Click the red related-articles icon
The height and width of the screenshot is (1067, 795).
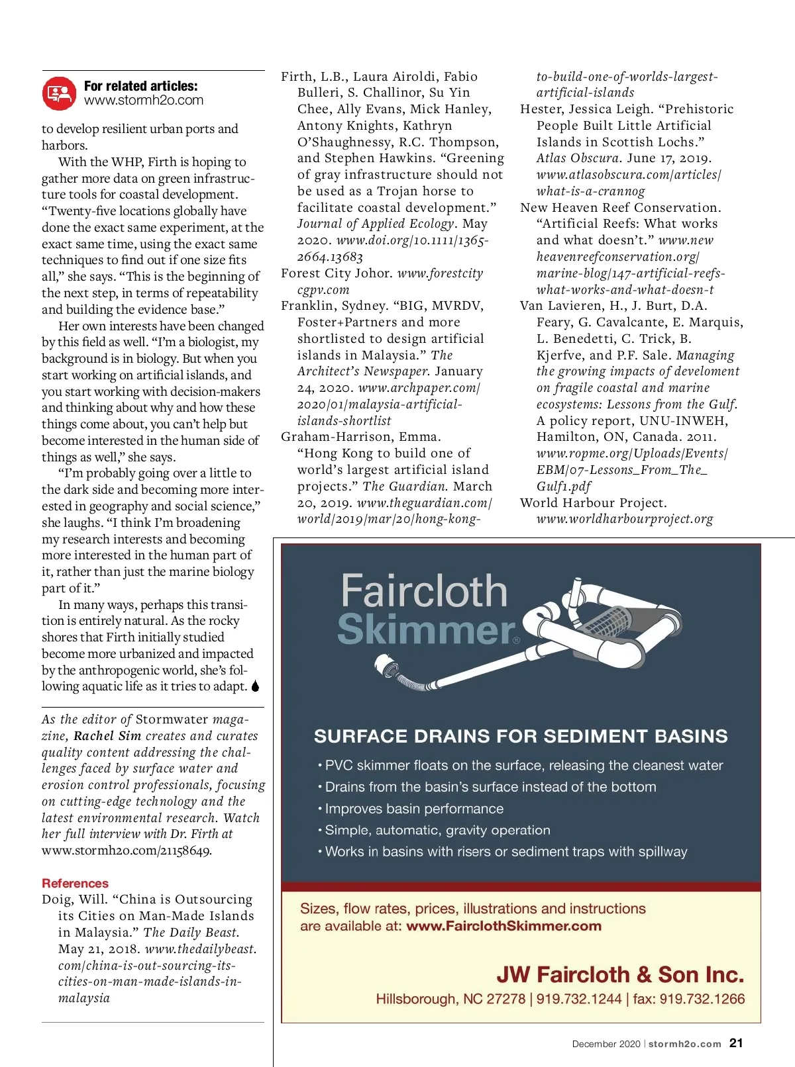[x=59, y=93]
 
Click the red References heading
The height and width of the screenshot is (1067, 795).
[x=75, y=883]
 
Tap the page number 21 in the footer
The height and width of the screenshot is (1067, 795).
[x=736, y=1043]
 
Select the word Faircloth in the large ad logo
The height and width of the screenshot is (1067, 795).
[x=424, y=591]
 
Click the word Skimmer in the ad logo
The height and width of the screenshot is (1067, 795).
[x=425, y=629]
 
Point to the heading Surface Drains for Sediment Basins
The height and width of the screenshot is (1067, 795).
[x=521, y=736]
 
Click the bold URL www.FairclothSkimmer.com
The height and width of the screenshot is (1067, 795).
[x=503, y=926]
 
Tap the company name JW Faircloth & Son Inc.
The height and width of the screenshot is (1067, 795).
[x=620, y=974]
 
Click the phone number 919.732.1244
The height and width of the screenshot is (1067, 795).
[x=579, y=999]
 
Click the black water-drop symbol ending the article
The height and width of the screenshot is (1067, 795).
[x=256, y=686]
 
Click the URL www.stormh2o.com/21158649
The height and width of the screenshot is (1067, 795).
[x=126, y=851]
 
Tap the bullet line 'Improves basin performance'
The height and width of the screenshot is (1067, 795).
[x=413, y=809]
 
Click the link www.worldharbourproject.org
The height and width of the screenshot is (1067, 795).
[x=625, y=519]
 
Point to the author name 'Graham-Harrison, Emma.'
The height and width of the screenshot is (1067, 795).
[x=361, y=437]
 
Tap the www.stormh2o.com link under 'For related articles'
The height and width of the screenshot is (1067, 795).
[x=144, y=101]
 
